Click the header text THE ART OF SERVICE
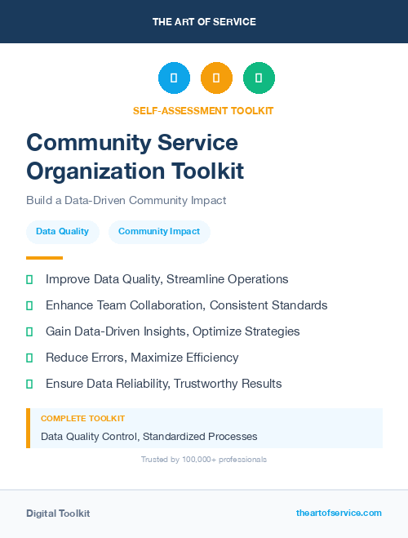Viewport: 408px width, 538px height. click(x=204, y=21)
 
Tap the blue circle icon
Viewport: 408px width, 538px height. click(x=174, y=78)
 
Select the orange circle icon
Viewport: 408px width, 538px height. click(x=216, y=78)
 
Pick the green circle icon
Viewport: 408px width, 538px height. click(x=259, y=78)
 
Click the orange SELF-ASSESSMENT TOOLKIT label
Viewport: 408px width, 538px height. click(x=204, y=110)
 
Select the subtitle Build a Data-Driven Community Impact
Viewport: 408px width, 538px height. click(x=126, y=200)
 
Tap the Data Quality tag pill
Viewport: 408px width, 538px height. click(x=62, y=232)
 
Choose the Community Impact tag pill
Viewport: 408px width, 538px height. click(x=159, y=232)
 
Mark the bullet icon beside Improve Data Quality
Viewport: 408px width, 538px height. click(x=29, y=279)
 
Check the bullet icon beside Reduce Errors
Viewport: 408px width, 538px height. click(x=29, y=358)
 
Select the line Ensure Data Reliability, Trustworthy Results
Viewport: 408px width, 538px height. click(x=163, y=384)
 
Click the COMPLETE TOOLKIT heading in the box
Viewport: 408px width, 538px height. click(x=82, y=418)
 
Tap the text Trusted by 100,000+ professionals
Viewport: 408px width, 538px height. click(x=204, y=460)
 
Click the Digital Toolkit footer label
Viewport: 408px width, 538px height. click(x=58, y=514)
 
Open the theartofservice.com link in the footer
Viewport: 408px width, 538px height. click(x=339, y=513)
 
